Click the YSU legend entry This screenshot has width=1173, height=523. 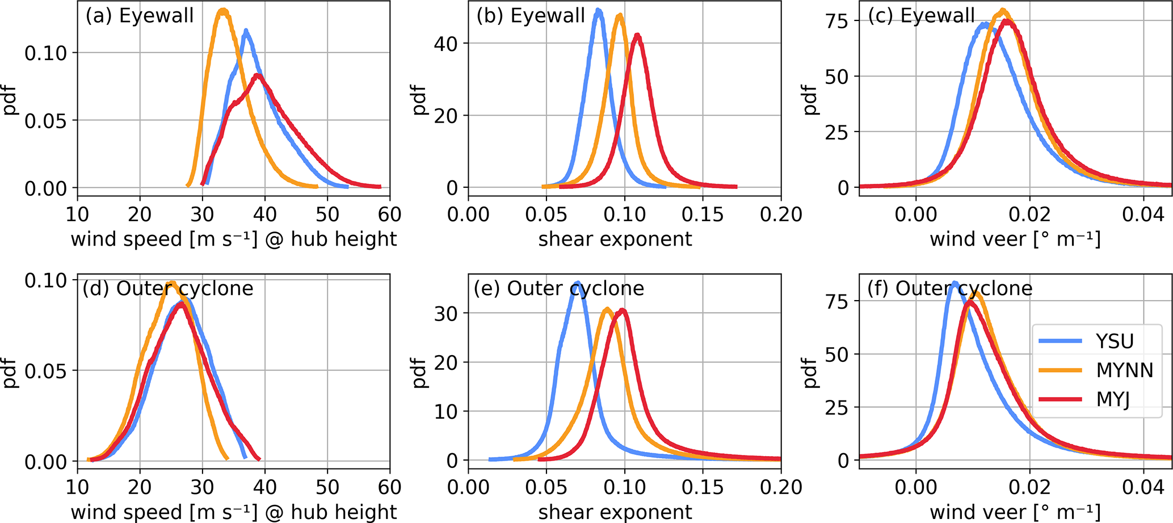(x=1115, y=341)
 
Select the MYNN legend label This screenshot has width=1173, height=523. (x=1124, y=370)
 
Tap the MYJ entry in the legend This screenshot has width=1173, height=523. (x=1113, y=399)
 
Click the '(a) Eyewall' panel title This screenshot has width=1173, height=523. (x=140, y=15)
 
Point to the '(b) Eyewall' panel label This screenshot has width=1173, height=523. (x=531, y=15)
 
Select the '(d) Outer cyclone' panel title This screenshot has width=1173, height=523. (x=168, y=289)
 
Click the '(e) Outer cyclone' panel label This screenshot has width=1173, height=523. (x=559, y=289)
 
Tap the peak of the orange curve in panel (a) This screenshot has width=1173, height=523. (x=223, y=11)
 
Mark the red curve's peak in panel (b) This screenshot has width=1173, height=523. (x=638, y=35)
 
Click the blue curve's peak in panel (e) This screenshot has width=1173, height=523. (x=577, y=282)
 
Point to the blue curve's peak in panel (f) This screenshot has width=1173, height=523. (x=955, y=283)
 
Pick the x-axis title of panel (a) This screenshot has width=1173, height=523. (x=234, y=239)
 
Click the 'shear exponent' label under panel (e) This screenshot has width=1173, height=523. (x=615, y=512)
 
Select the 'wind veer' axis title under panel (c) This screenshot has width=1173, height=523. (x=1015, y=239)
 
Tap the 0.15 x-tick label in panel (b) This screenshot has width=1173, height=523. (x=703, y=214)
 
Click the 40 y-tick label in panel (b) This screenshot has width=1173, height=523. (x=446, y=44)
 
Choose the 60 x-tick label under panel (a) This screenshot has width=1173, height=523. (x=389, y=214)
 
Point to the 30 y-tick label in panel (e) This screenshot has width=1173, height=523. (x=446, y=313)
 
